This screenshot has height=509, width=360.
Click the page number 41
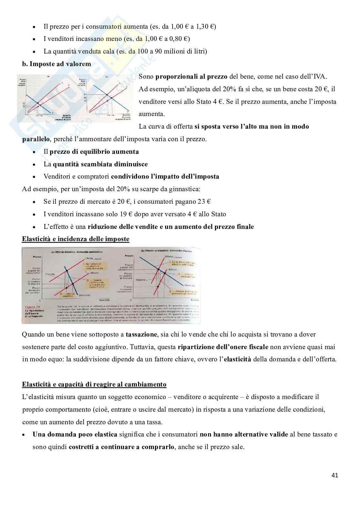pos(335,475)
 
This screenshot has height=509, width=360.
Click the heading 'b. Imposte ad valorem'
pos(56,64)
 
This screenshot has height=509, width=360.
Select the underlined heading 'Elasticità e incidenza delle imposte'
pos(75,239)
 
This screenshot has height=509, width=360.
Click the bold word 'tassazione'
pos(141,334)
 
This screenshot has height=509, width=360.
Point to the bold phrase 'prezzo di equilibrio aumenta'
pos(94,152)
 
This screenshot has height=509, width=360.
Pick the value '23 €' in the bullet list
pos(204,201)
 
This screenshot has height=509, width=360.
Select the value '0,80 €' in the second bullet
pos(179,39)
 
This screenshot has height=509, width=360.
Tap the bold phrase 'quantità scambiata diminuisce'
pos(100,164)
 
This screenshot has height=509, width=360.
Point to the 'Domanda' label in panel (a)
pos(84,295)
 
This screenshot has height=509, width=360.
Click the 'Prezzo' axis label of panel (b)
pos(128,256)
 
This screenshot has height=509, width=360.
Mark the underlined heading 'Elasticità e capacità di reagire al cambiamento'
pos(94,384)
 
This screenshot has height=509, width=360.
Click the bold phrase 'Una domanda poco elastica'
pos(75,434)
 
